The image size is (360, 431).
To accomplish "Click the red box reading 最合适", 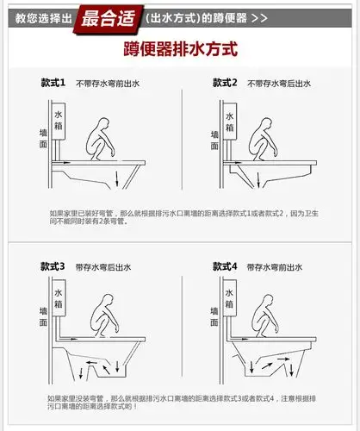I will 108,17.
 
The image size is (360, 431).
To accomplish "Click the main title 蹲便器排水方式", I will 180,50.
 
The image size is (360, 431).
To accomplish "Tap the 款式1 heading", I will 53,82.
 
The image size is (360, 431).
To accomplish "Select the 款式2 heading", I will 225,82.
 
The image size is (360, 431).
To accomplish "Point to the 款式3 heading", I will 53,267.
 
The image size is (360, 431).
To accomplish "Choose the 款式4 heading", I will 225,267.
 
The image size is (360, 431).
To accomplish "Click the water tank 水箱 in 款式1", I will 59,122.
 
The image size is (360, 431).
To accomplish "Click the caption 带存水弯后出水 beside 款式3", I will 103,268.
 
